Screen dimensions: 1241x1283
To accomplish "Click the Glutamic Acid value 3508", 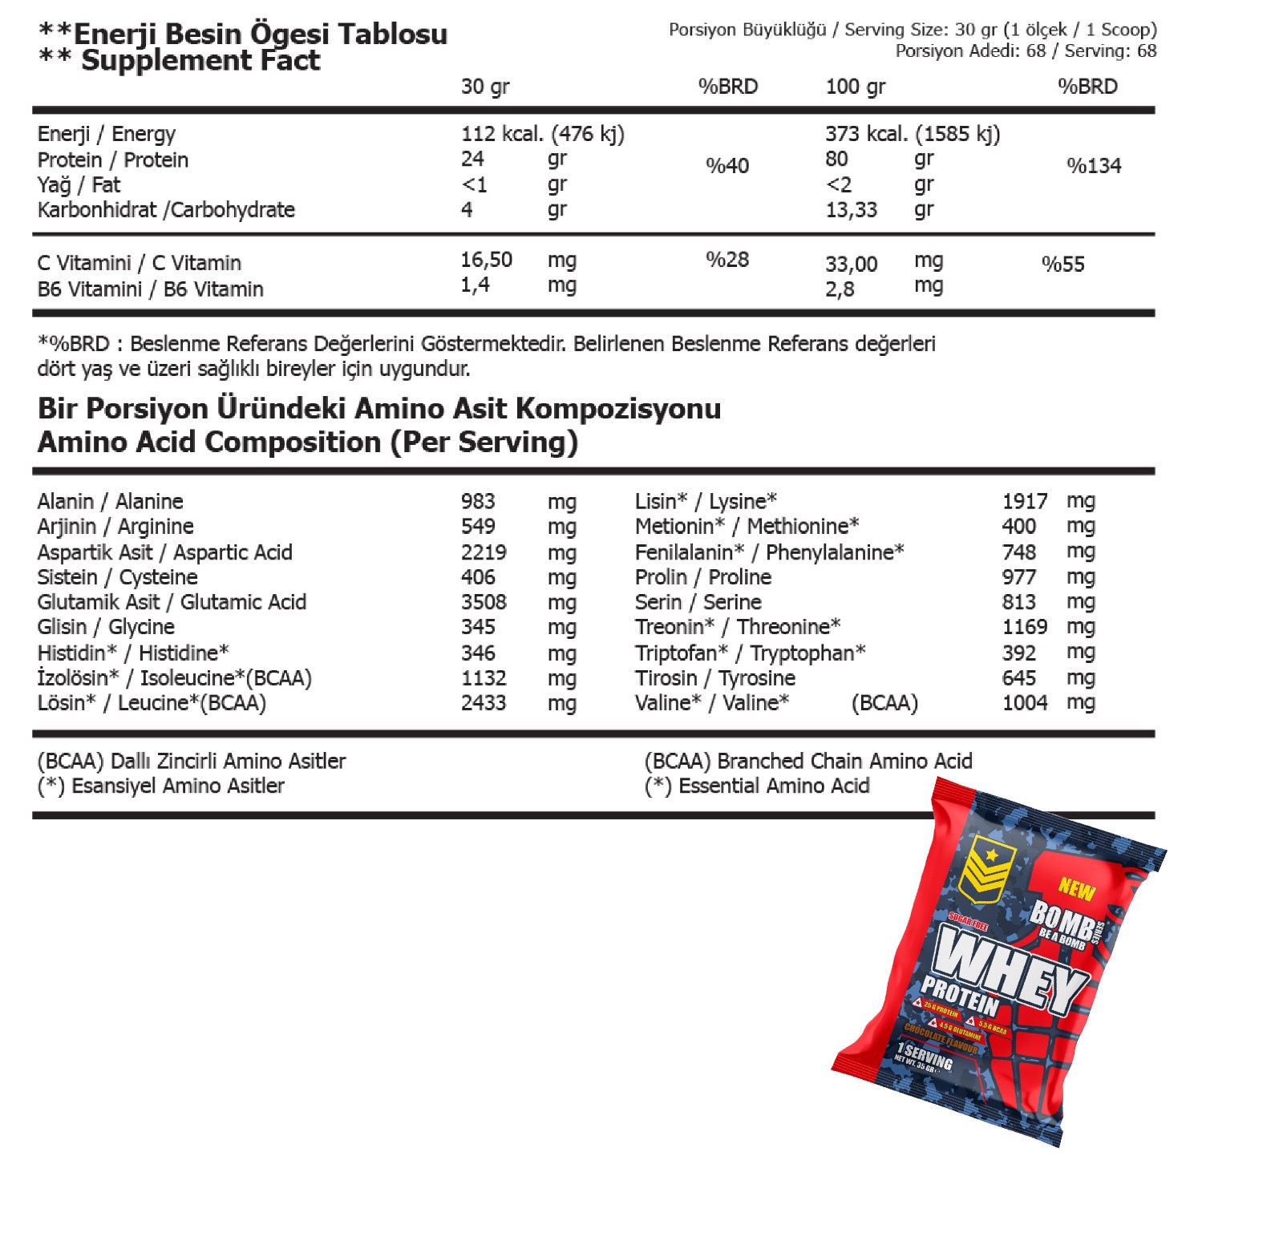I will pyautogui.click(x=484, y=602).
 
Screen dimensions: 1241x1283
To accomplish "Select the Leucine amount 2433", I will pyautogui.click(x=484, y=703).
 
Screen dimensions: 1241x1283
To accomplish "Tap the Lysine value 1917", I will pyautogui.click(x=1024, y=501).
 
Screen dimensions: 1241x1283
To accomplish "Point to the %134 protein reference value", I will pyautogui.click(x=1094, y=166).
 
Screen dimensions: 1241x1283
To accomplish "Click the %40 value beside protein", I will pyautogui.click(x=727, y=166).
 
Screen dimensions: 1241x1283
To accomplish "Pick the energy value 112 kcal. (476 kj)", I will pyautogui.click(x=542, y=134).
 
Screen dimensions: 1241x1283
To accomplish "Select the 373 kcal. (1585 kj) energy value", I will pyautogui.click(x=913, y=134).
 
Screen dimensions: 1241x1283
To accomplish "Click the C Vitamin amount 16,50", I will pyautogui.click(x=486, y=260).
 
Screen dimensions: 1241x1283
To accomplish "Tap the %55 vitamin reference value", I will pyautogui.click(x=1062, y=265).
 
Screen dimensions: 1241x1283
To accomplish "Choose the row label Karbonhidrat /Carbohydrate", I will pyautogui.click(x=166, y=210).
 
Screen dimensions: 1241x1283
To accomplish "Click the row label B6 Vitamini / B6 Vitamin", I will pyautogui.click(x=150, y=289).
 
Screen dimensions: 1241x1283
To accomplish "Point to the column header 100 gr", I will pyautogui.click(x=855, y=87).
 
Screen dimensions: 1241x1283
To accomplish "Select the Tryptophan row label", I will pyautogui.click(x=750, y=653).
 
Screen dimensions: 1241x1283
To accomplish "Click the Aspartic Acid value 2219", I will pyautogui.click(x=484, y=552).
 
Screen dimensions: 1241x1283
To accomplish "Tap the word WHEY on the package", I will pyautogui.click(x=1010, y=970).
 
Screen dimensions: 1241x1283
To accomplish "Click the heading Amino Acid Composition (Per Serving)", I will pyautogui.click(x=307, y=443).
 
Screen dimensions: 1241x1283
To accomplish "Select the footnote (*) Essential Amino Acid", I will pyautogui.click(x=757, y=786).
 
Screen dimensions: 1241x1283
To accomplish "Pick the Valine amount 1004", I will pyautogui.click(x=1024, y=703).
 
